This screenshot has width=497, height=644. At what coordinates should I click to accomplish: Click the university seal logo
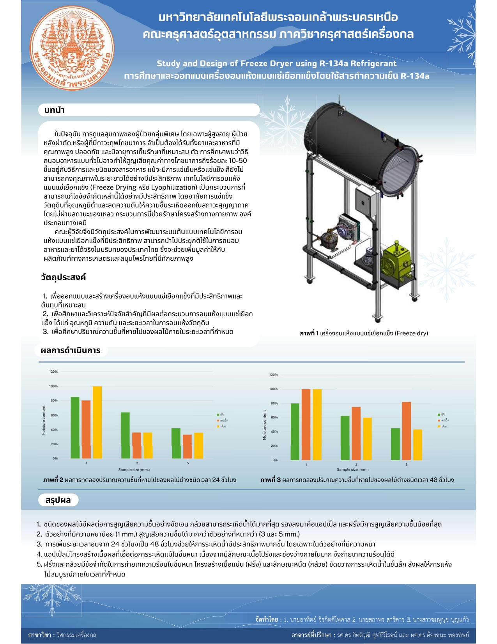72,48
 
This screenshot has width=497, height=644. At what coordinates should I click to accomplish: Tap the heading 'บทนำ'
55,110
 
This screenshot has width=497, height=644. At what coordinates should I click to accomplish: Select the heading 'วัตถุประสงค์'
63,277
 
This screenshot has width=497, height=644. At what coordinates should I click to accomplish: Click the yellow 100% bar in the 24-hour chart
97,422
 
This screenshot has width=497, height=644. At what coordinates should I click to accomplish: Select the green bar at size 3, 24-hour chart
125,435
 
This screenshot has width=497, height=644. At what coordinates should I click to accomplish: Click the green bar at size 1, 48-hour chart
295,431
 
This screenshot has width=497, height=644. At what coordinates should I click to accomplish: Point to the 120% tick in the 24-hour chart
53,372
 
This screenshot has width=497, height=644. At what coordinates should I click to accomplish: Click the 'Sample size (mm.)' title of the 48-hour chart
352,470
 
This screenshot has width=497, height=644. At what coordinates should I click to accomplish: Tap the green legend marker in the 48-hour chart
439,415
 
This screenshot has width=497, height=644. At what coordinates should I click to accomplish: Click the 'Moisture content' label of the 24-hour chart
44,420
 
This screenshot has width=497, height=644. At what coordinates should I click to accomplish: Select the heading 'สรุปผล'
58,500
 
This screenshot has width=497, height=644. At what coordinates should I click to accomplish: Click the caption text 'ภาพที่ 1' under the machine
310,333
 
